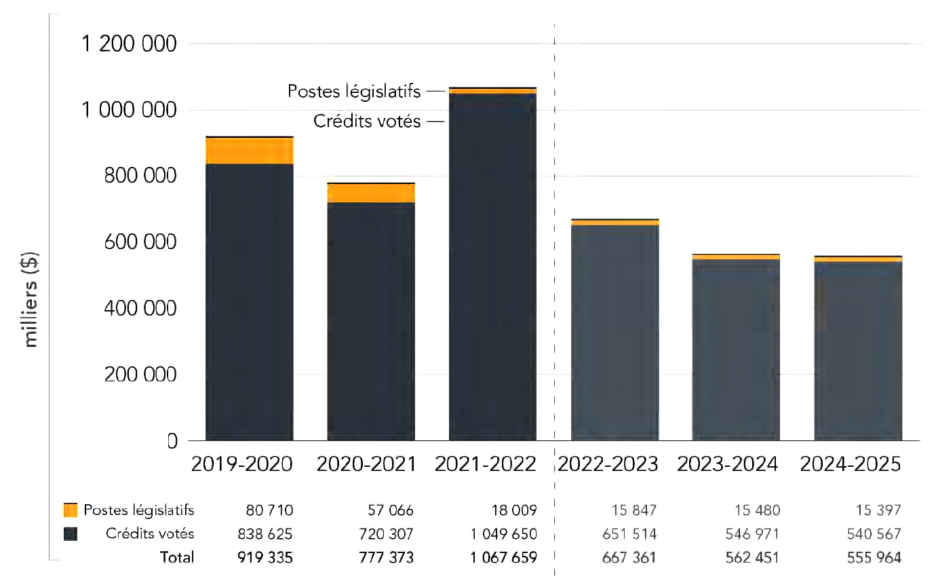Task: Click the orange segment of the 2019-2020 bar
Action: (x=249, y=151)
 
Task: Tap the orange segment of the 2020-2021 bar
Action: (x=371, y=193)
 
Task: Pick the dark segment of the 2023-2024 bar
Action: (x=736, y=349)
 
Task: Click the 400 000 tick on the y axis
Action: (x=140, y=309)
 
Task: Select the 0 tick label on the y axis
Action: (x=172, y=441)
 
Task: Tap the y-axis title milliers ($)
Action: (x=31, y=299)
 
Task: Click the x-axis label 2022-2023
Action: (x=607, y=464)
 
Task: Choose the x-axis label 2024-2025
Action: (x=851, y=464)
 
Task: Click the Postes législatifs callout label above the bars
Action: (x=353, y=91)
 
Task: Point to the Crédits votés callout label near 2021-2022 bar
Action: (x=366, y=121)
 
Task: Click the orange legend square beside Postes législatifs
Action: (x=71, y=510)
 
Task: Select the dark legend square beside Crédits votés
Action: (x=71, y=533)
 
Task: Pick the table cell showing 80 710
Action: (x=271, y=510)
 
